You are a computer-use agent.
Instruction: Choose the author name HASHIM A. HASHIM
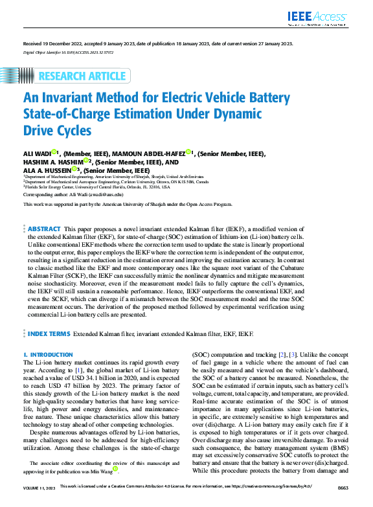pos(54,162)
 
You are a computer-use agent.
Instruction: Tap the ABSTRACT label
pos(45,229)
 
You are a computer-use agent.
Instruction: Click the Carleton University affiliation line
pos(117,182)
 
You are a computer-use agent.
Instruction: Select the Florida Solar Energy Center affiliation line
pos(97,187)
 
